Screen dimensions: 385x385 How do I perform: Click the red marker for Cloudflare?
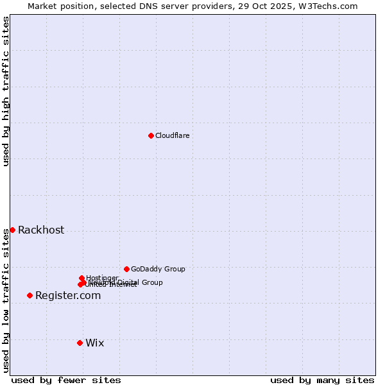[x=151, y=135]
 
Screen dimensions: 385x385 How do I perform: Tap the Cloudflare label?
[x=172, y=135]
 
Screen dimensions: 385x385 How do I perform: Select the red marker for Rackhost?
[x=12, y=230]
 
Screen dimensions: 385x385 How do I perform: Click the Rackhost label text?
[x=41, y=230]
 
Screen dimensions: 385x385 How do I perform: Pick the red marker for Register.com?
[x=30, y=295]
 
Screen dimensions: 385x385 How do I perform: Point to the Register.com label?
[x=68, y=296]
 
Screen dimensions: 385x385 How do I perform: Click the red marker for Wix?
[x=80, y=343]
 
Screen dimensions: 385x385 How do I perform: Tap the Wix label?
[x=94, y=343]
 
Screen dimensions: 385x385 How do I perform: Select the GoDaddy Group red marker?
[x=126, y=269]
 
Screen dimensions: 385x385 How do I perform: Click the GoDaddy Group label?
[x=158, y=269]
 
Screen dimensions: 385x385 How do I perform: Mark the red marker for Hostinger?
[x=81, y=278]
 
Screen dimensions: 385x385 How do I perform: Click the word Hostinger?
[x=102, y=278]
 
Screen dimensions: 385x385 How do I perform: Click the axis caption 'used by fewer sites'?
[x=66, y=380]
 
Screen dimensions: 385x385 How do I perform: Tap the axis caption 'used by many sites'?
[x=322, y=380]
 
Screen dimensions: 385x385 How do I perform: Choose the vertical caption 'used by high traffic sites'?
[x=6, y=91]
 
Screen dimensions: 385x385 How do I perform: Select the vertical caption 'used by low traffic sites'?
[x=6, y=300]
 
